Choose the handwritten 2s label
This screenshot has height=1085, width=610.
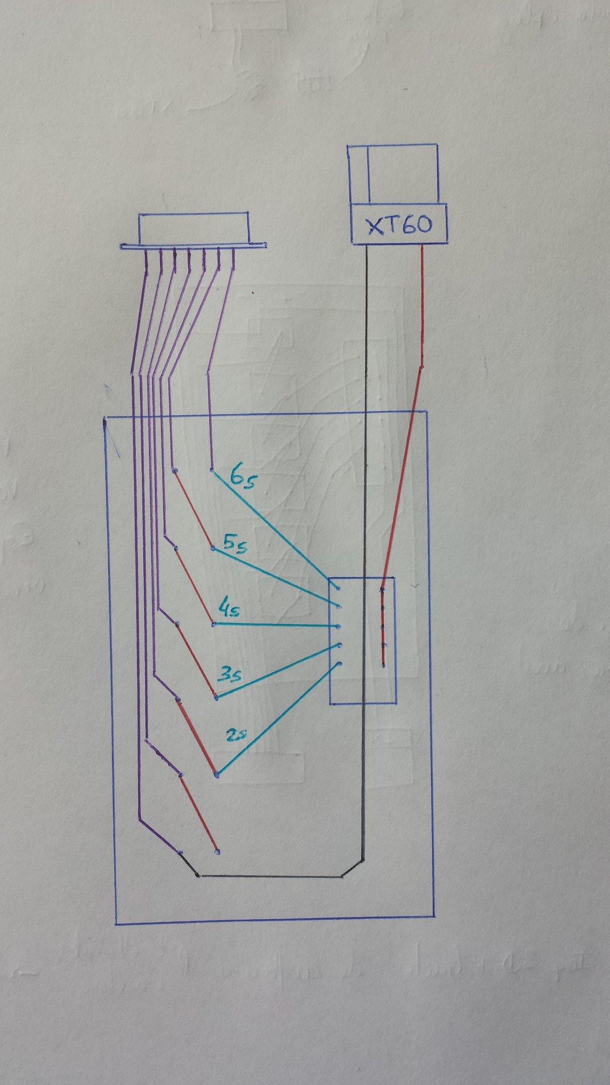[x=237, y=736]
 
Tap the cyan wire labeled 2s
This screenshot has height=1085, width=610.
[x=276, y=719]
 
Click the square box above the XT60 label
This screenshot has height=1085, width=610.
[x=393, y=174]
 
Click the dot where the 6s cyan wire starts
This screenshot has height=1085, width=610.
[x=212, y=469]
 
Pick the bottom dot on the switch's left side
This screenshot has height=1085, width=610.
[x=338, y=663]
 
